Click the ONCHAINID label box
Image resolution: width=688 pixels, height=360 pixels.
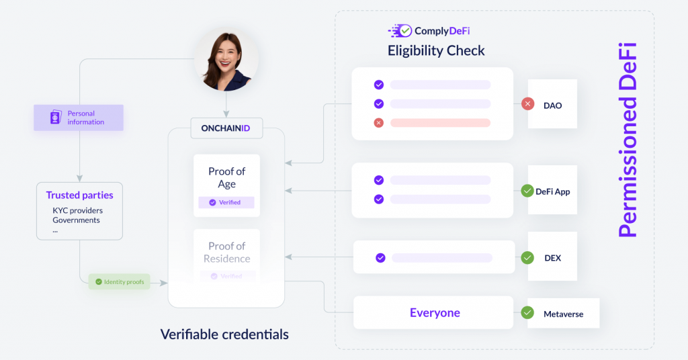pyautogui.click(x=226, y=128)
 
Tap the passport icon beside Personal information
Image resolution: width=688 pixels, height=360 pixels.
pyautogui.click(x=56, y=117)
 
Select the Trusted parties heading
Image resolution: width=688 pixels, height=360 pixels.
pyautogui.click(x=79, y=195)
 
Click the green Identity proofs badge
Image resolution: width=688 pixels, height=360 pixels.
pyautogui.click(x=120, y=281)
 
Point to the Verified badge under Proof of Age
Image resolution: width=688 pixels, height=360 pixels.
pyautogui.click(x=226, y=202)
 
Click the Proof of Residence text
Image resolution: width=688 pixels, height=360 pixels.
pyautogui.click(x=227, y=252)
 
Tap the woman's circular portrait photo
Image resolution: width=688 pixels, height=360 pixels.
pyautogui.click(x=226, y=59)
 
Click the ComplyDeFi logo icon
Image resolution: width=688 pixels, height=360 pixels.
pyautogui.click(x=400, y=31)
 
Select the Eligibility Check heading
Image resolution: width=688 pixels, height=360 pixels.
pyautogui.click(x=436, y=51)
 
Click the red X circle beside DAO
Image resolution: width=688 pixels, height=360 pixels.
pyautogui.click(x=527, y=104)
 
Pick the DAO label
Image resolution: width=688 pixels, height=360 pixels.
pyautogui.click(x=552, y=105)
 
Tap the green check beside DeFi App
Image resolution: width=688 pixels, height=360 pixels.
pyautogui.click(x=527, y=191)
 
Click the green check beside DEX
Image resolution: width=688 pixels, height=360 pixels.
pyautogui.click(x=527, y=258)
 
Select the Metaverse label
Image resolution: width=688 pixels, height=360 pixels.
pyautogui.click(x=564, y=314)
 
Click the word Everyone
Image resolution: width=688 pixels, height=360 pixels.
pyautogui.click(x=435, y=312)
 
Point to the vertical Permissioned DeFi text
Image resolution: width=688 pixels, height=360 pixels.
pyautogui.click(x=628, y=140)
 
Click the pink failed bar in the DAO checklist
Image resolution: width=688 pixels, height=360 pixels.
pyautogui.click(x=440, y=123)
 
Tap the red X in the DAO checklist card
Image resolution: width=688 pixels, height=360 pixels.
pyautogui.click(x=379, y=123)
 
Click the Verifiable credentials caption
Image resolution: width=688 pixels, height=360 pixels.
pyautogui.click(x=224, y=334)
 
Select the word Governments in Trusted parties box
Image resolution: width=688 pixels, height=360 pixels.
pyautogui.click(x=77, y=220)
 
